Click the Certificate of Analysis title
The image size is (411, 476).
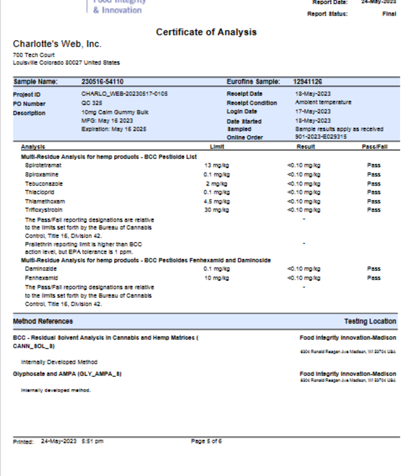point(207,32)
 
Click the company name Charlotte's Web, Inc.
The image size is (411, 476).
point(56,44)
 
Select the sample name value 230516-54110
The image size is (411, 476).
point(102,82)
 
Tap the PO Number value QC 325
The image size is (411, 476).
point(90,103)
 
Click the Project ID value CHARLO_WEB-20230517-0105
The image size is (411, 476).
point(124,94)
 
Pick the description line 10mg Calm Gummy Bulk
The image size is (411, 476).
point(115,112)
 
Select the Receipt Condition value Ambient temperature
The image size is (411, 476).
point(323,103)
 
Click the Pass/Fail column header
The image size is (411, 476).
point(374,147)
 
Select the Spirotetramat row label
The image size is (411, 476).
point(43,165)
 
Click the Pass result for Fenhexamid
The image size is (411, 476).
point(374,278)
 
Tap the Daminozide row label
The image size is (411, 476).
point(40,269)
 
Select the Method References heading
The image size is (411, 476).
point(43,321)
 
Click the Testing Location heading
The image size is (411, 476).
point(370,321)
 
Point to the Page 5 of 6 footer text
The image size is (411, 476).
point(206,441)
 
